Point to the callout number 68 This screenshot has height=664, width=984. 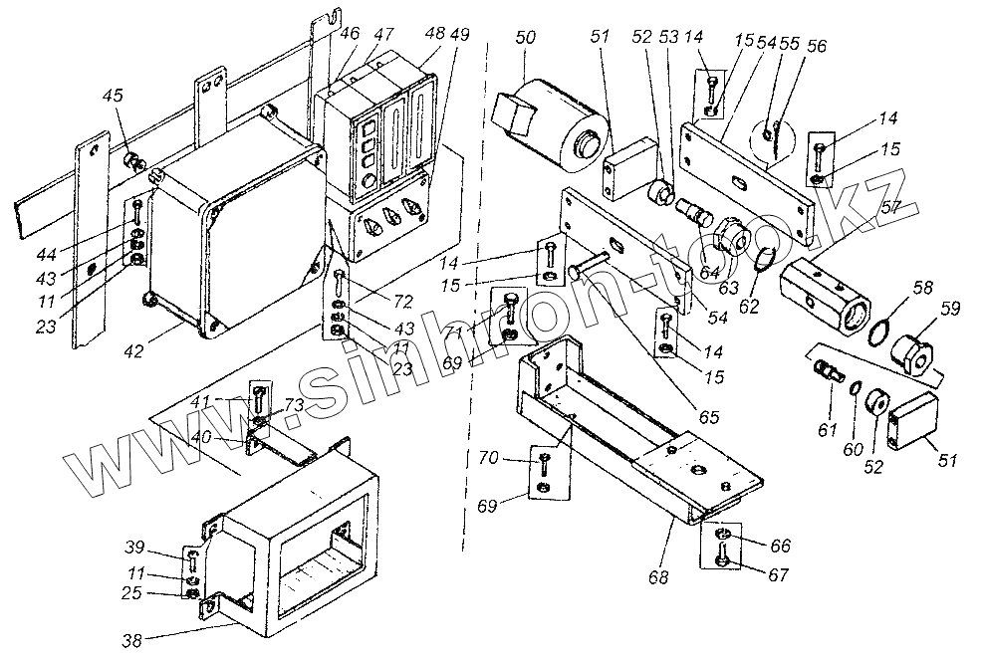click(x=660, y=576)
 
